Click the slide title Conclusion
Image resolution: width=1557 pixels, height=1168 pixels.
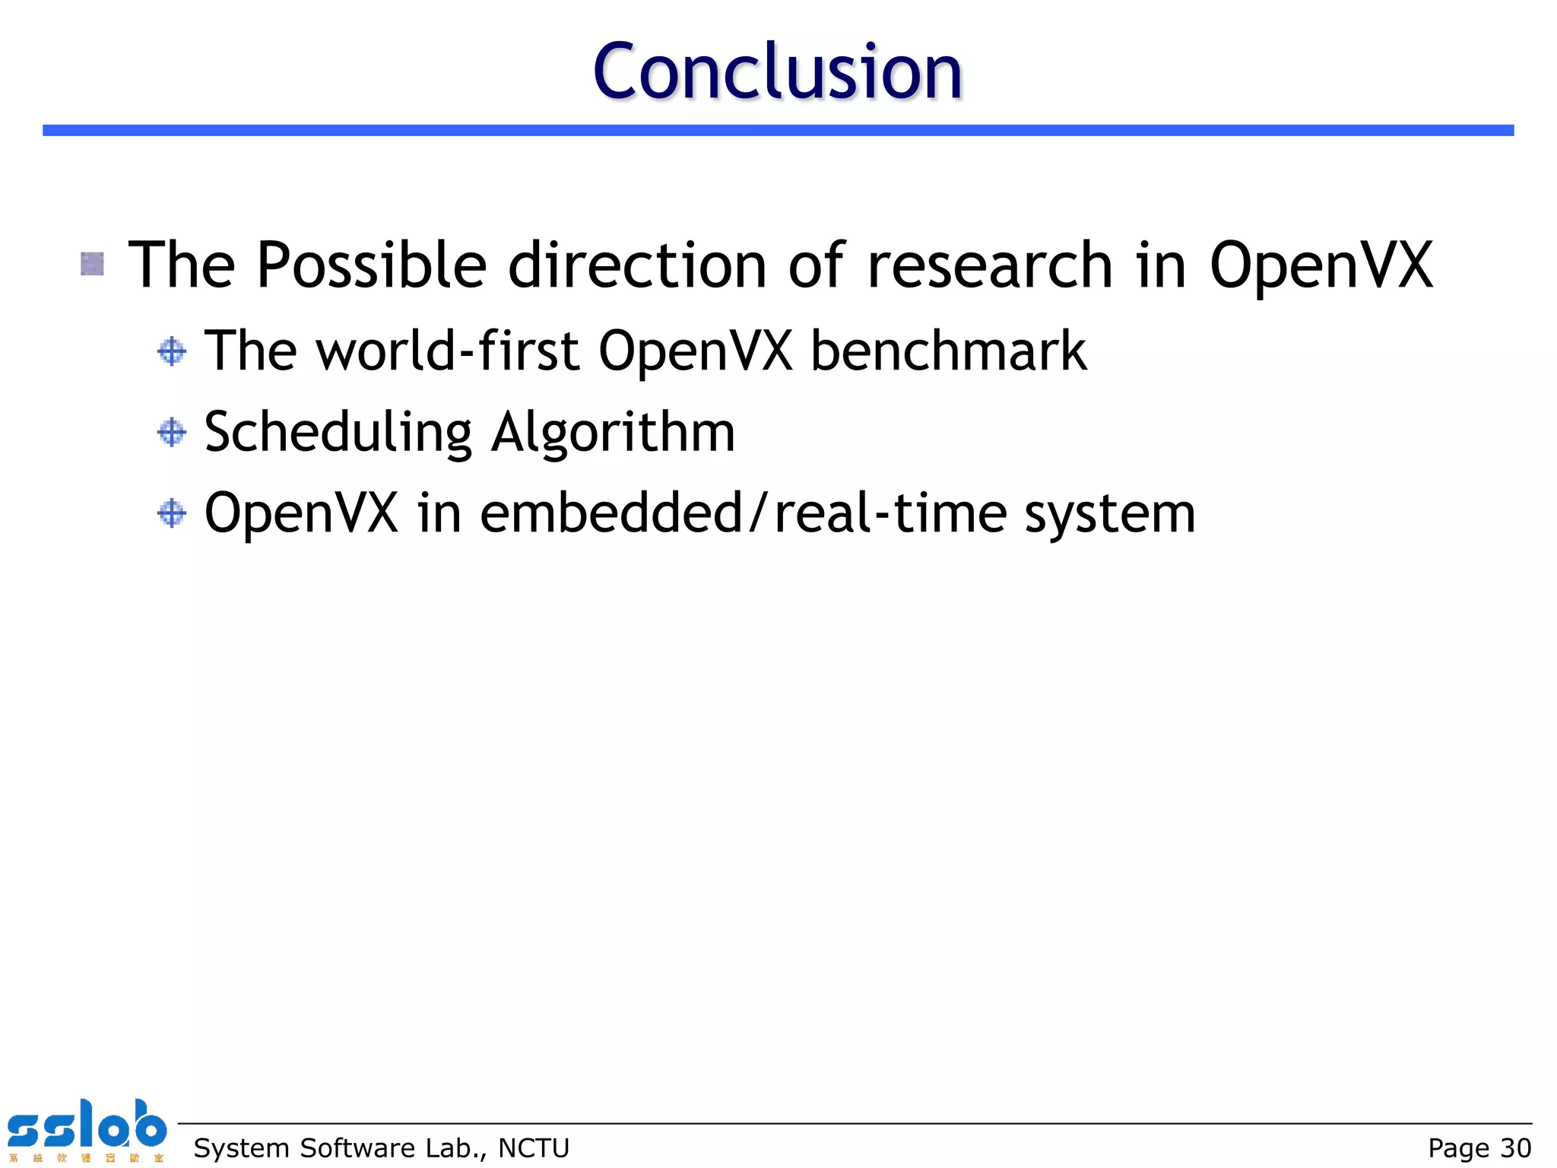[x=777, y=71]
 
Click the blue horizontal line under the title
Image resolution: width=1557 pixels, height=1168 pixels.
[x=777, y=130]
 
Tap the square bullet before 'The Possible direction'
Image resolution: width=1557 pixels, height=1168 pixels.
[x=92, y=264]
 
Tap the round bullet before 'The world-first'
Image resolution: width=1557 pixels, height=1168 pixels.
[x=172, y=351]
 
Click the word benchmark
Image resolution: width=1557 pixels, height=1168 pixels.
[x=949, y=351]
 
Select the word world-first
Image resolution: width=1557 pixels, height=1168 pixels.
[x=447, y=351]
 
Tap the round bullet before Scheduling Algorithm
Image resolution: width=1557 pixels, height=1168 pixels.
[x=172, y=432]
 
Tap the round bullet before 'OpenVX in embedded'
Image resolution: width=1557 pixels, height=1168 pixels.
[x=172, y=513]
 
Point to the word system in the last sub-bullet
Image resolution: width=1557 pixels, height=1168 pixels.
[x=1110, y=516]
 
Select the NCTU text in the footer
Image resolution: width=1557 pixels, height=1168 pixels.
[x=534, y=1147]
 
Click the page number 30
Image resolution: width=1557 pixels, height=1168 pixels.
[x=1515, y=1147]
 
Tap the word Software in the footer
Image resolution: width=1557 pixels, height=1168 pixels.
[x=356, y=1147]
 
